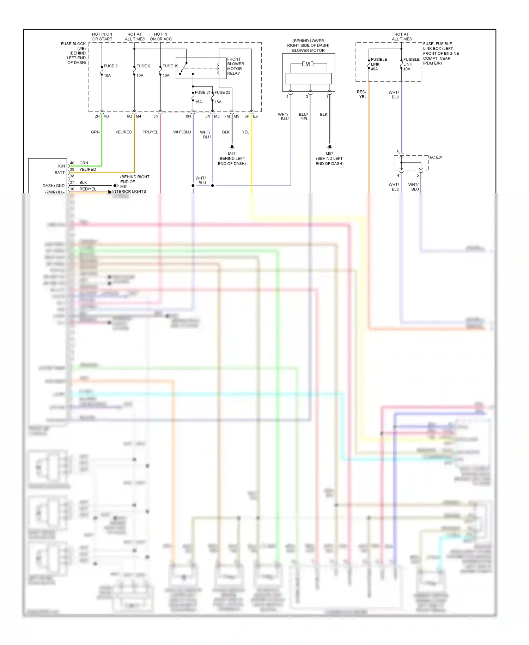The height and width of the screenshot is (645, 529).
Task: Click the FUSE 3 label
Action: point(110,66)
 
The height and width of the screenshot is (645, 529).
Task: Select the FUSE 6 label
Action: point(143,66)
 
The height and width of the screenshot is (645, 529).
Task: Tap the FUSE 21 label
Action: point(202,92)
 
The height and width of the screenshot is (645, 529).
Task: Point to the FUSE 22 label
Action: point(223,92)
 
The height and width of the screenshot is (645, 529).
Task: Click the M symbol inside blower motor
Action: point(308,64)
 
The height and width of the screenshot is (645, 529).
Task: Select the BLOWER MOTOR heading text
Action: point(308,50)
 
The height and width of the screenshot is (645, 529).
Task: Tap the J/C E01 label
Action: point(436,157)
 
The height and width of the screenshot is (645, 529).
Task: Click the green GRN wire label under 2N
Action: point(95,132)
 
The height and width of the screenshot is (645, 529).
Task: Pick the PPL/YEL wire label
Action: point(150,132)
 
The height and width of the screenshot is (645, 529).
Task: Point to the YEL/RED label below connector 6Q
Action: point(123,132)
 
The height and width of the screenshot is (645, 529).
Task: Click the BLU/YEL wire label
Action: point(304,116)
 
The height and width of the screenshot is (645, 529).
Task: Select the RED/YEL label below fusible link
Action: point(362,94)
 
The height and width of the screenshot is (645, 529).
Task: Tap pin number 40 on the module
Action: point(72,163)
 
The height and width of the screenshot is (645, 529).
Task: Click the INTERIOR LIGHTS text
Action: point(129,191)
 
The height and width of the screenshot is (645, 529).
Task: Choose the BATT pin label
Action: point(60,173)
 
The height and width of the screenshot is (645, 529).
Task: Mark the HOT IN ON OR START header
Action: point(102,37)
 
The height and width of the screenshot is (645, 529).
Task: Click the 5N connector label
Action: point(156,116)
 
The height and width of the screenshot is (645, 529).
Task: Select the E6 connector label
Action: point(255,116)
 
